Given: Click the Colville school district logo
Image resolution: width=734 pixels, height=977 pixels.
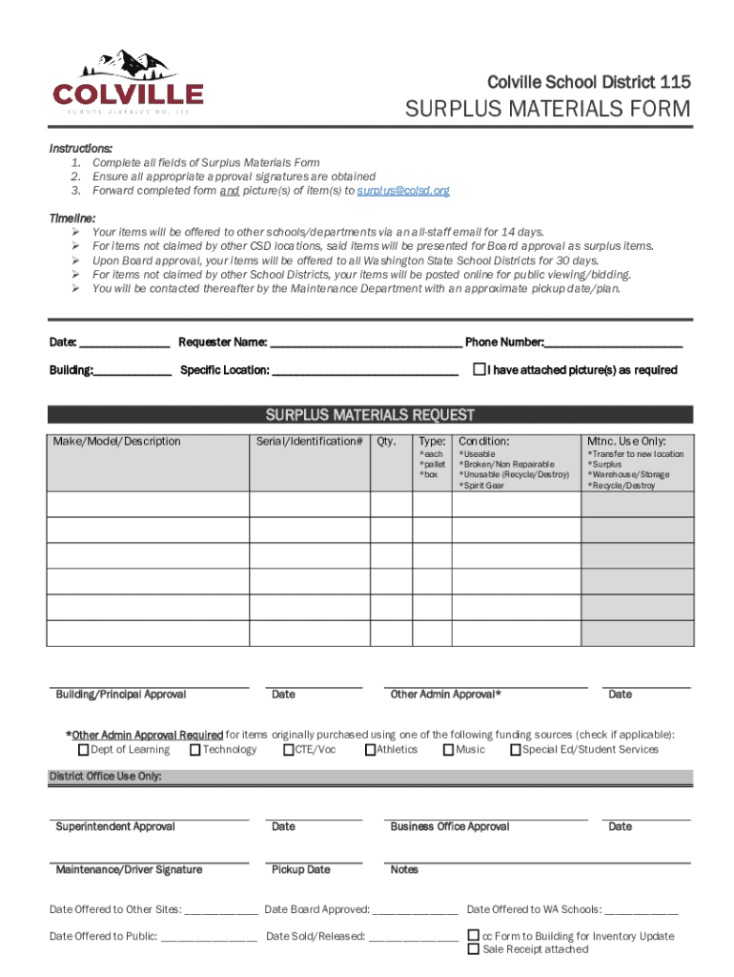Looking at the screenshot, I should (128, 82).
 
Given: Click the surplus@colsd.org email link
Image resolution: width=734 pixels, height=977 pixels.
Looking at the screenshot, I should (402, 191).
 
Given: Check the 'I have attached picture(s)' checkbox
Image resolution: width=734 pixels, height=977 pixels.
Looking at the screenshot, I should (479, 369).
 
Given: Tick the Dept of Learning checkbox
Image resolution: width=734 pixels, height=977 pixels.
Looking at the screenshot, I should (83, 750).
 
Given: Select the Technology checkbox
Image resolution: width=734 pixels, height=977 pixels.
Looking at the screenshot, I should (195, 750).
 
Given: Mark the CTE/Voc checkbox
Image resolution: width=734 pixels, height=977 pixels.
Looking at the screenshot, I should (288, 750).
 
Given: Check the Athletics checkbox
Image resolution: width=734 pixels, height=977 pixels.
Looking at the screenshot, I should (370, 750).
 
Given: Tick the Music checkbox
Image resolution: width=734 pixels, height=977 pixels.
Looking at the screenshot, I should (448, 750).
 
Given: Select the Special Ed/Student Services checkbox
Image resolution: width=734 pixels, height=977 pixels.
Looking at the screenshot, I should (515, 750).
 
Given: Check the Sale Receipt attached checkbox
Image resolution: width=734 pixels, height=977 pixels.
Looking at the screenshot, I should (473, 949).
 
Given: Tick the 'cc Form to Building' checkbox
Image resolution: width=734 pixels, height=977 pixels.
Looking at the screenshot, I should (473, 936).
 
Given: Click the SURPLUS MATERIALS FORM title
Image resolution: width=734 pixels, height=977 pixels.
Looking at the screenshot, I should (548, 110).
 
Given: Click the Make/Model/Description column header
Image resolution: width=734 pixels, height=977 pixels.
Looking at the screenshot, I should (116, 441).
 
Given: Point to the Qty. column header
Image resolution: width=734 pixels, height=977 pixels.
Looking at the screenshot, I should (387, 441).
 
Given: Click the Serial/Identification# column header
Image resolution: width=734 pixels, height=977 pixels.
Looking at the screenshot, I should (309, 441).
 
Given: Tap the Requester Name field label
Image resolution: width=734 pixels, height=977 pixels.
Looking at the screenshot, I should (222, 343).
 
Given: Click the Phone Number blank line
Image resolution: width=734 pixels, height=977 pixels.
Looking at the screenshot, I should (614, 343).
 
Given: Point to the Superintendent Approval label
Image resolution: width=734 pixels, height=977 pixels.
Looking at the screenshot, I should (115, 826).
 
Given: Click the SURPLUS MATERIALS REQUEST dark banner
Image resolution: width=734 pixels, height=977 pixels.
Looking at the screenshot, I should (370, 415).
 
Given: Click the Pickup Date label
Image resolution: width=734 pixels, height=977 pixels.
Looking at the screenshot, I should (300, 869).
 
